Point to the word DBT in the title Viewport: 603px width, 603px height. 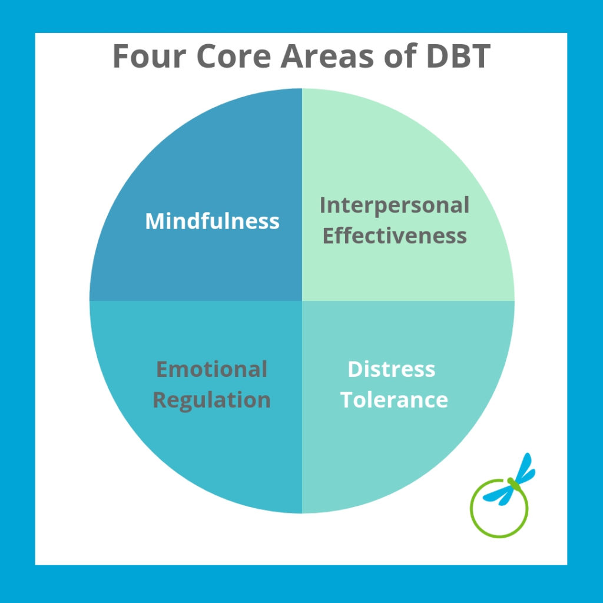click(457, 57)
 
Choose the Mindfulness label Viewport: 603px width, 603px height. click(212, 221)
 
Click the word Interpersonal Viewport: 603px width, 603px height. click(395, 206)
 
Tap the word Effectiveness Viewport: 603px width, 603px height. click(395, 236)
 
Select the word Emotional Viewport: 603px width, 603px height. click(211, 369)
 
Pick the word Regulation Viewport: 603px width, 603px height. click(211, 400)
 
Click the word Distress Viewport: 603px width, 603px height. click(392, 369)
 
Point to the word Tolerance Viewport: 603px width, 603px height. click(394, 400)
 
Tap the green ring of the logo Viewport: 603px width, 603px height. click(474, 518)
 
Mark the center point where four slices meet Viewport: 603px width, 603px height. click(302, 301)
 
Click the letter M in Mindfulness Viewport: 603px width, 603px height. click(154, 221)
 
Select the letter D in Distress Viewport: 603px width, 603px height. click(354, 369)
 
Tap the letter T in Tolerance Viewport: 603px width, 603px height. click(347, 400)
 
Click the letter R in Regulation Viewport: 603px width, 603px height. click(160, 400)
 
